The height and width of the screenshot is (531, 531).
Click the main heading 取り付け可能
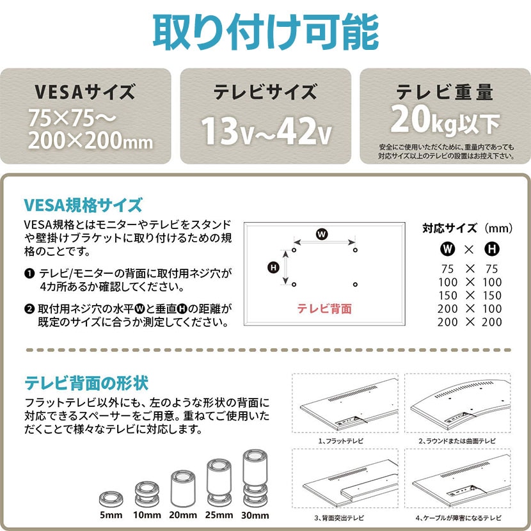265,32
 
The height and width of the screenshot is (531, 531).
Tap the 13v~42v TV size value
267,131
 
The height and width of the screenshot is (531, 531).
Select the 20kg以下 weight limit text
445,120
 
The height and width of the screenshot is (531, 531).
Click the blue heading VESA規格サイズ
83,205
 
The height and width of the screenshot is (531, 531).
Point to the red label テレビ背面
324,308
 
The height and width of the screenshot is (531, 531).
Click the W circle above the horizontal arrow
322,234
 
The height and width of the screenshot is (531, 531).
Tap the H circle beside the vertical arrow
273,267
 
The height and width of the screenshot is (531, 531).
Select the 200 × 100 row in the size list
470,308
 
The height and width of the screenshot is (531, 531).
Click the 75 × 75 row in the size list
470,269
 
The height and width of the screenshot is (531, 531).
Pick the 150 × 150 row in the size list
470,296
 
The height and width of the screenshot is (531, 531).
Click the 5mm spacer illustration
111,499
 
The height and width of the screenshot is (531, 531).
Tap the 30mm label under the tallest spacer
255,516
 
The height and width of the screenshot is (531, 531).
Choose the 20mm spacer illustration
183,488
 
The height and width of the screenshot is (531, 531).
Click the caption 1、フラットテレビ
341,441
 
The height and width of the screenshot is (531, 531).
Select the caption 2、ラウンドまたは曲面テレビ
457,441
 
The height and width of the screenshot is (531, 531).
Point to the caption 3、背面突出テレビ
339,518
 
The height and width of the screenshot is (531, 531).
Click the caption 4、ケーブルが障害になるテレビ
459,518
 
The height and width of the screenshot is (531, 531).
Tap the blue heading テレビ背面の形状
86,383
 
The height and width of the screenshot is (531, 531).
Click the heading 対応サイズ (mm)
467,228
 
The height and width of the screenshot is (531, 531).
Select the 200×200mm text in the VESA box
90,141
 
